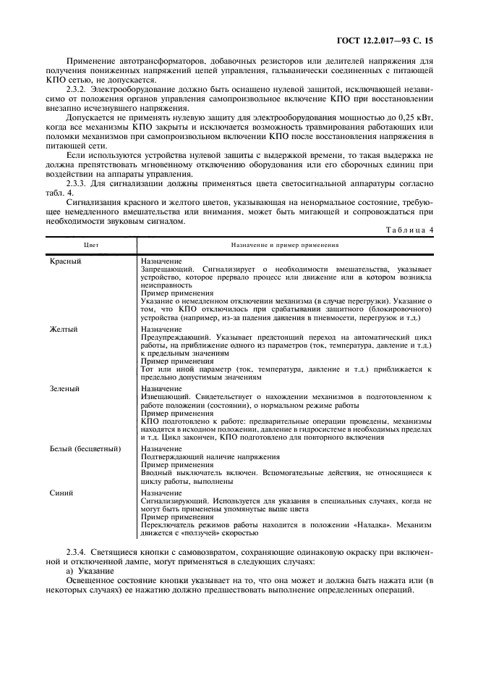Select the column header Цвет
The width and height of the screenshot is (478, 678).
point(91,245)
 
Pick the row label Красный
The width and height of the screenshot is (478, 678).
point(64,261)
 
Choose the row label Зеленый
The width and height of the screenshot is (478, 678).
point(64,388)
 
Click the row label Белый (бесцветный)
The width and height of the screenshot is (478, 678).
point(85,449)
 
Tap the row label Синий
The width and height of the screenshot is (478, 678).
point(61,493)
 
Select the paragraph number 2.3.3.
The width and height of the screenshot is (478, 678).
point(77,185)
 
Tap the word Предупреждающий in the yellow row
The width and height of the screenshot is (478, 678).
point(174,338)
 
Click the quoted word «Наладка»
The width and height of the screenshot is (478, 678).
point(358,524)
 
